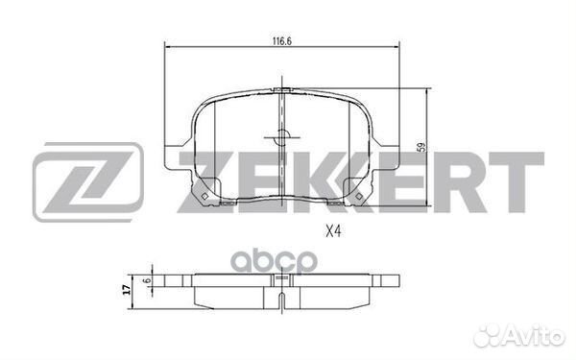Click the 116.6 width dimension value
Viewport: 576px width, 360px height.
pos(280,40)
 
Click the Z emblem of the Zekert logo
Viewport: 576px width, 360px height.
pos(87,183)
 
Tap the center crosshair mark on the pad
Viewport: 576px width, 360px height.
pos(281,137)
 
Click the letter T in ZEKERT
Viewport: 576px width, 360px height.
pos(521,182)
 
